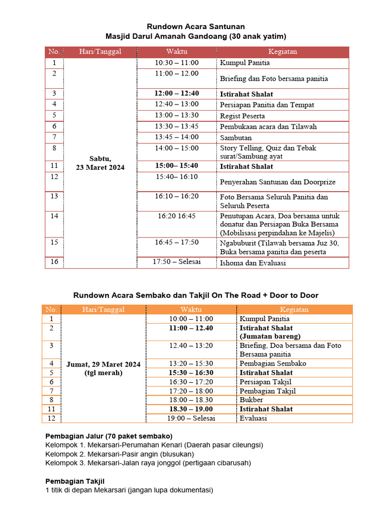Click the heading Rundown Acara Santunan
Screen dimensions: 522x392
click(196, 27)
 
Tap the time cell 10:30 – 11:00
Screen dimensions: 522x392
click(177, 63)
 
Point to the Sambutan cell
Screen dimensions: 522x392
click(236, 138)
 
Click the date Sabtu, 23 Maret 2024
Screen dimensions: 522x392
click(100, 163)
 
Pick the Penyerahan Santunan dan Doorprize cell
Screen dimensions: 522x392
click(274, 181)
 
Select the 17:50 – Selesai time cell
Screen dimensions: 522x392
click(177, 262)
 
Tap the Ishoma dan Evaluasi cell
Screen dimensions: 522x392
click(253, 263)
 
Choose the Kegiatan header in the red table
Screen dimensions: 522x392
click(283, 51)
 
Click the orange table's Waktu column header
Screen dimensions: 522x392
click(191, 309)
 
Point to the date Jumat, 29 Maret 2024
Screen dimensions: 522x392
click(103, 364)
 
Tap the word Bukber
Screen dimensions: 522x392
click(251, 400)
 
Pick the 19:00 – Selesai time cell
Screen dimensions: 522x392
click(192, 418)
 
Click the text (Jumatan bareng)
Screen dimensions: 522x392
click(270, 336)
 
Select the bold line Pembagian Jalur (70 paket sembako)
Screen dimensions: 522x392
click(109, 436)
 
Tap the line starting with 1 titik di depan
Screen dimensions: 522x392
click(129, 490)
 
